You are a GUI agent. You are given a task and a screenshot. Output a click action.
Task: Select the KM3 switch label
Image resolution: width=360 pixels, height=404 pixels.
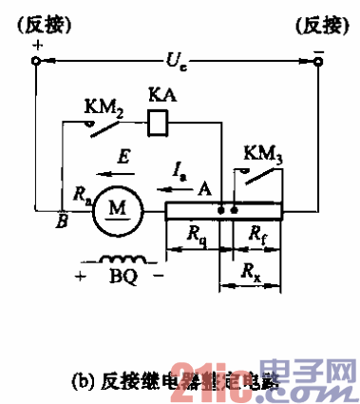click(x=261, y=153)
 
